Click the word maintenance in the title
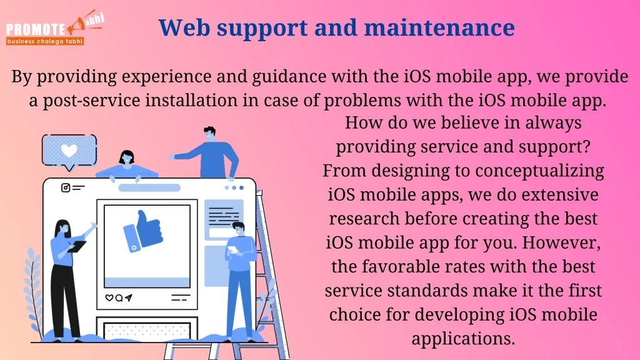[x=439, y=27]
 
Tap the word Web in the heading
[x=184, y=27]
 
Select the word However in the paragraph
[x=561, y=243]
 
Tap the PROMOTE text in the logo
[x=36, y=29]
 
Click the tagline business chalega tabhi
[x=45, y=41]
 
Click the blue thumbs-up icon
[x=143, y=231]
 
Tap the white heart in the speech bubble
[x=69, y=150]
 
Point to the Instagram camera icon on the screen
[x=65, y=187]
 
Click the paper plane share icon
[x=129, y=297]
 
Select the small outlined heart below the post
[x=109, y=298]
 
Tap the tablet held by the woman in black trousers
[x=77, y=246]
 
